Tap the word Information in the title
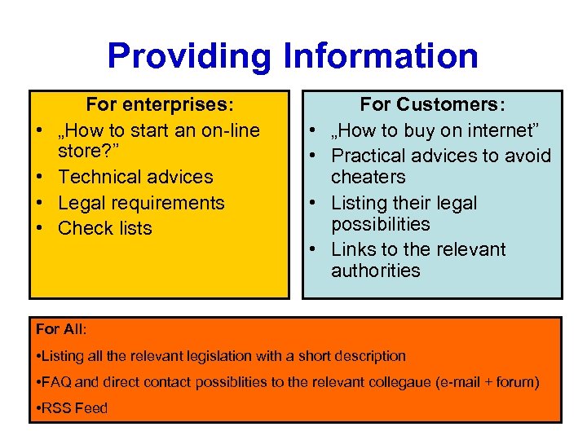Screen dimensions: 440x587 (x=381, y=56)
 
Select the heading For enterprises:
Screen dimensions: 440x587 (x=160, y=104)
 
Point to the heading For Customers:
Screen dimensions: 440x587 (x=433, y=104)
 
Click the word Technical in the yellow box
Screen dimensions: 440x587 (x=99, y=177)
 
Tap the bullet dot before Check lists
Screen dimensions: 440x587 (x=38, y=229)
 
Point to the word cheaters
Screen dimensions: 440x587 (x=368, y=177)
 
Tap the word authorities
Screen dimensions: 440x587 (x=376, y=271)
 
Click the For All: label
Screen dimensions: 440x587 (x=61, y=329)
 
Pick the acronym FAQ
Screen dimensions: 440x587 (x=56, y=382)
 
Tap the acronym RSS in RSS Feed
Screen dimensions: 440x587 (x=56, y=408)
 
